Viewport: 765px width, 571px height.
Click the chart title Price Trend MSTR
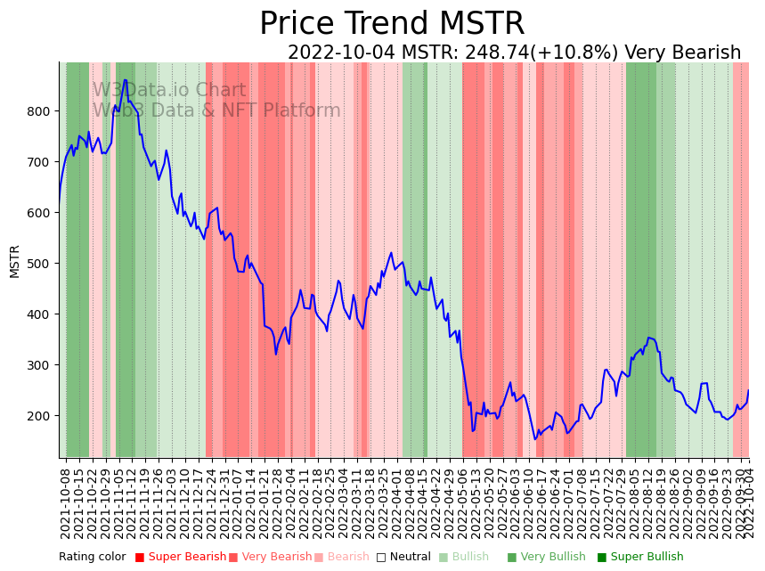tap(392, 24)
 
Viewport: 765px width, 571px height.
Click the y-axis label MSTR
tap(14, 261)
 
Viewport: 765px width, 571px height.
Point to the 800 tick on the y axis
tap(43, 111)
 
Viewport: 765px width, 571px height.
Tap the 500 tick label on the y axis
tap(43, 264)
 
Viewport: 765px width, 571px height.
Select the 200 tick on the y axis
tap(43, 416)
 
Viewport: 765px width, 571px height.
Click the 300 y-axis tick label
tap(43, 365)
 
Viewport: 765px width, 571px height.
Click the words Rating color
tap(93, 558)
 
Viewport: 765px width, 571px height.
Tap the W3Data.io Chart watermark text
tap(169, 90)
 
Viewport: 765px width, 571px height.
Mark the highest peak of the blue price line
tap(125, 80)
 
